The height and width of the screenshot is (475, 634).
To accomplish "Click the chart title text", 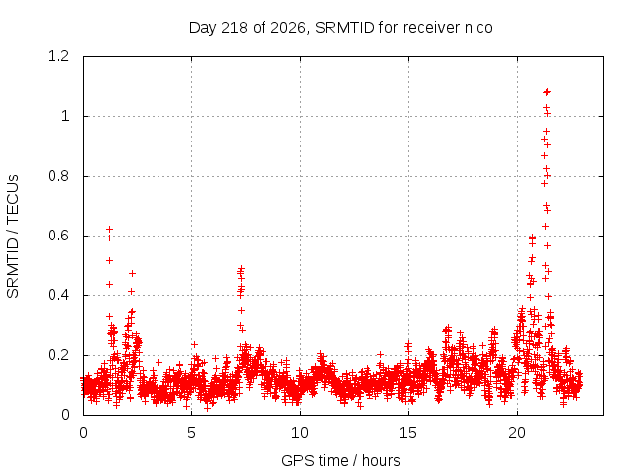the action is click(341, 28).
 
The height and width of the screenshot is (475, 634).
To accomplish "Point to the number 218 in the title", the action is click(235, 27).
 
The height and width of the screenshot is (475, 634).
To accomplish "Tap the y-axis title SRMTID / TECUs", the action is click(13, 237).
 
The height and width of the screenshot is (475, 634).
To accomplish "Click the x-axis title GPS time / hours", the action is click(341, 460).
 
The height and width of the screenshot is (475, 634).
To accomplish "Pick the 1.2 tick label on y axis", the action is click(58, 56).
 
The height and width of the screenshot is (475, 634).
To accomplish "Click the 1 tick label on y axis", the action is click(65, 117).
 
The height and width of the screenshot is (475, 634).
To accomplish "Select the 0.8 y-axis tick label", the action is click(58, 176).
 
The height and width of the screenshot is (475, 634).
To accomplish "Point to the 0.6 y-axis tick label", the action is click(58, 236).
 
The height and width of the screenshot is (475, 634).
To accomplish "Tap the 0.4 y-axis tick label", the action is click(58, 295).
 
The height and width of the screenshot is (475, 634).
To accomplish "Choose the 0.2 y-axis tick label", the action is click(58, 355).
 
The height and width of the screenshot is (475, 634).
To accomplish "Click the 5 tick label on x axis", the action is click(191, 433).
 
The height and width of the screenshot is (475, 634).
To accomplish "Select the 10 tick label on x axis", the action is click(300, 433).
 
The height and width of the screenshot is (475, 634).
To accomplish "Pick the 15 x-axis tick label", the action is click(408, 433).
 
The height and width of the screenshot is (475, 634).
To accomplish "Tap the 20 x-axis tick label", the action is click(517, 433).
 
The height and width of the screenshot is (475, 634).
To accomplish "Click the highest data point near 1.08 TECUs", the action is click(547, 92).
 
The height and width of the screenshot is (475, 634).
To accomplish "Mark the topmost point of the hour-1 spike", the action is click(109, 229).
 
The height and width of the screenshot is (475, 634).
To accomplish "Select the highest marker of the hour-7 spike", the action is click(241, 268).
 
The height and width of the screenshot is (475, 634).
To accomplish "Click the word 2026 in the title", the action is click(288, 28).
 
